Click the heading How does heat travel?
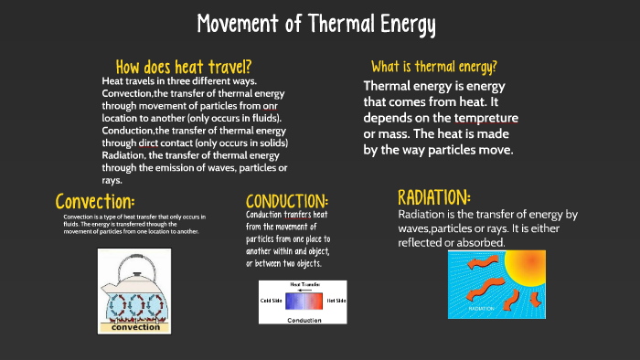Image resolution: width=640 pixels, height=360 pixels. click(184, 67)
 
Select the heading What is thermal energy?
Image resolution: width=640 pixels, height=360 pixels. click(434, 67)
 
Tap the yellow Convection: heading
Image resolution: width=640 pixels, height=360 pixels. click(95, 200)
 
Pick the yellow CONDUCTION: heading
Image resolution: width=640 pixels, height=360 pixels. click(287, 201)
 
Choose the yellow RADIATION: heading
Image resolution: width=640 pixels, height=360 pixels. click(434, 196)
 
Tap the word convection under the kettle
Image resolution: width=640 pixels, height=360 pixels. click(135, 327)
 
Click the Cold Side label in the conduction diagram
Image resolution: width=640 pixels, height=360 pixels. click(272, 301)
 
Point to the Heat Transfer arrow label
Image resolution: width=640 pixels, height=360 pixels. click(304, 285)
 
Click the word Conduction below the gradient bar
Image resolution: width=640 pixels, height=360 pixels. click(304, 321)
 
